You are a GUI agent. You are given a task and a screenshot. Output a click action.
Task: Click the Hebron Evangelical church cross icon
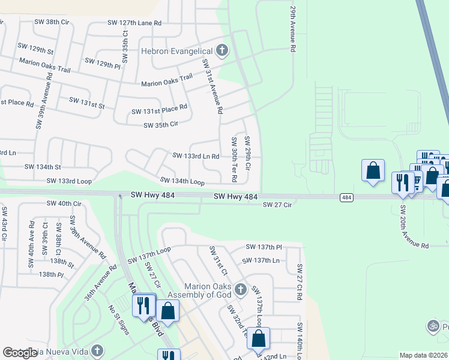[222, 50]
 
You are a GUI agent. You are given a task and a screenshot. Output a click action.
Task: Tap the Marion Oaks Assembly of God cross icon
[240, 290]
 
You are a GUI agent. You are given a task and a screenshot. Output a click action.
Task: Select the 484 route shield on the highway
[346, 197]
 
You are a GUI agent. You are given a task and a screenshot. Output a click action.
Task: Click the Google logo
[20, 353]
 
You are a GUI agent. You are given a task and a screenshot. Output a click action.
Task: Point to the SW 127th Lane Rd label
[134, 23]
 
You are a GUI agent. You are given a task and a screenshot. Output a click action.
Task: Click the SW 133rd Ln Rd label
[196, 156]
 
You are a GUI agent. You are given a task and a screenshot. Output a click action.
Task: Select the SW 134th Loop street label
[182, 181]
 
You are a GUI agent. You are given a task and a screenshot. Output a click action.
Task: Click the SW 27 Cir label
[277, 205]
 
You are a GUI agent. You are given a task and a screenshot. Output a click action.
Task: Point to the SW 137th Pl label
[264, 247]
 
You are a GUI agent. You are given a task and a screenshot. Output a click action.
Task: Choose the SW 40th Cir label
[64, 203]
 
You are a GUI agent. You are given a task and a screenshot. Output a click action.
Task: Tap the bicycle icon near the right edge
[433, 326]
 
